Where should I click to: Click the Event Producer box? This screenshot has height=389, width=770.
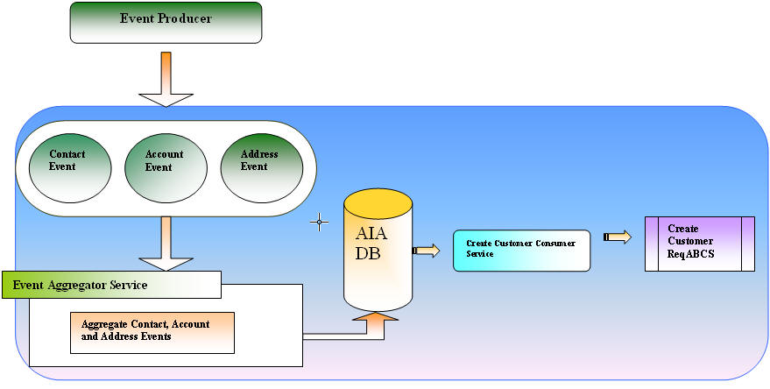(x=166, y=23)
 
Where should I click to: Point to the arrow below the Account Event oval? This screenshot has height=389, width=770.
(x=166, y=245)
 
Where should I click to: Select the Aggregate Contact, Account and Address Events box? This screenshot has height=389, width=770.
(x=152, y=332)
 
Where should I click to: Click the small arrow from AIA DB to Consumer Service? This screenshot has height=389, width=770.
(x=427, y=251)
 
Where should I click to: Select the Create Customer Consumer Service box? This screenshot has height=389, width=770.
(x=521, y=250)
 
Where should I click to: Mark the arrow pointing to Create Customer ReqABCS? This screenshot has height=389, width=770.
(x=618, y=237)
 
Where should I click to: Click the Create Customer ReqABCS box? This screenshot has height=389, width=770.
(x=699, y=243)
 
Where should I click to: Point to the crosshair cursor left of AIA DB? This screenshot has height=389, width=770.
(x=320, y=223)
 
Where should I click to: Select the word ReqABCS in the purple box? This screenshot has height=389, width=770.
(x=691, y=253)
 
